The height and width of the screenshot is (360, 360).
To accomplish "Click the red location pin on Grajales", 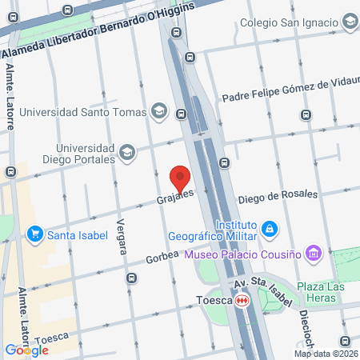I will (181, 178).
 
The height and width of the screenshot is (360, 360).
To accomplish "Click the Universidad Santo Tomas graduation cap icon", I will (160, 110).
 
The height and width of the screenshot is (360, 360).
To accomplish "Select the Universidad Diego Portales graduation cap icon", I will (126, 152).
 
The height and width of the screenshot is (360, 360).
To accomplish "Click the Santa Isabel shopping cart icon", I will (34, 234).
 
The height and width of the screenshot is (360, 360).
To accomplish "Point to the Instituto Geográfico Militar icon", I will (270, 230).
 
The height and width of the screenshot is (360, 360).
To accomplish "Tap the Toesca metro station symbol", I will (242, 300).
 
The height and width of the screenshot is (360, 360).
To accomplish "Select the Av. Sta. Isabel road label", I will (260, 285).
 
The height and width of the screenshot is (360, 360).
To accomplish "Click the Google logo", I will (26, 350).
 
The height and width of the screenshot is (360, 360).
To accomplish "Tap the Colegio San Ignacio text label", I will (289, 23).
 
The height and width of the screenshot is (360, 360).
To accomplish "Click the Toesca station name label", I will (212, 300).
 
